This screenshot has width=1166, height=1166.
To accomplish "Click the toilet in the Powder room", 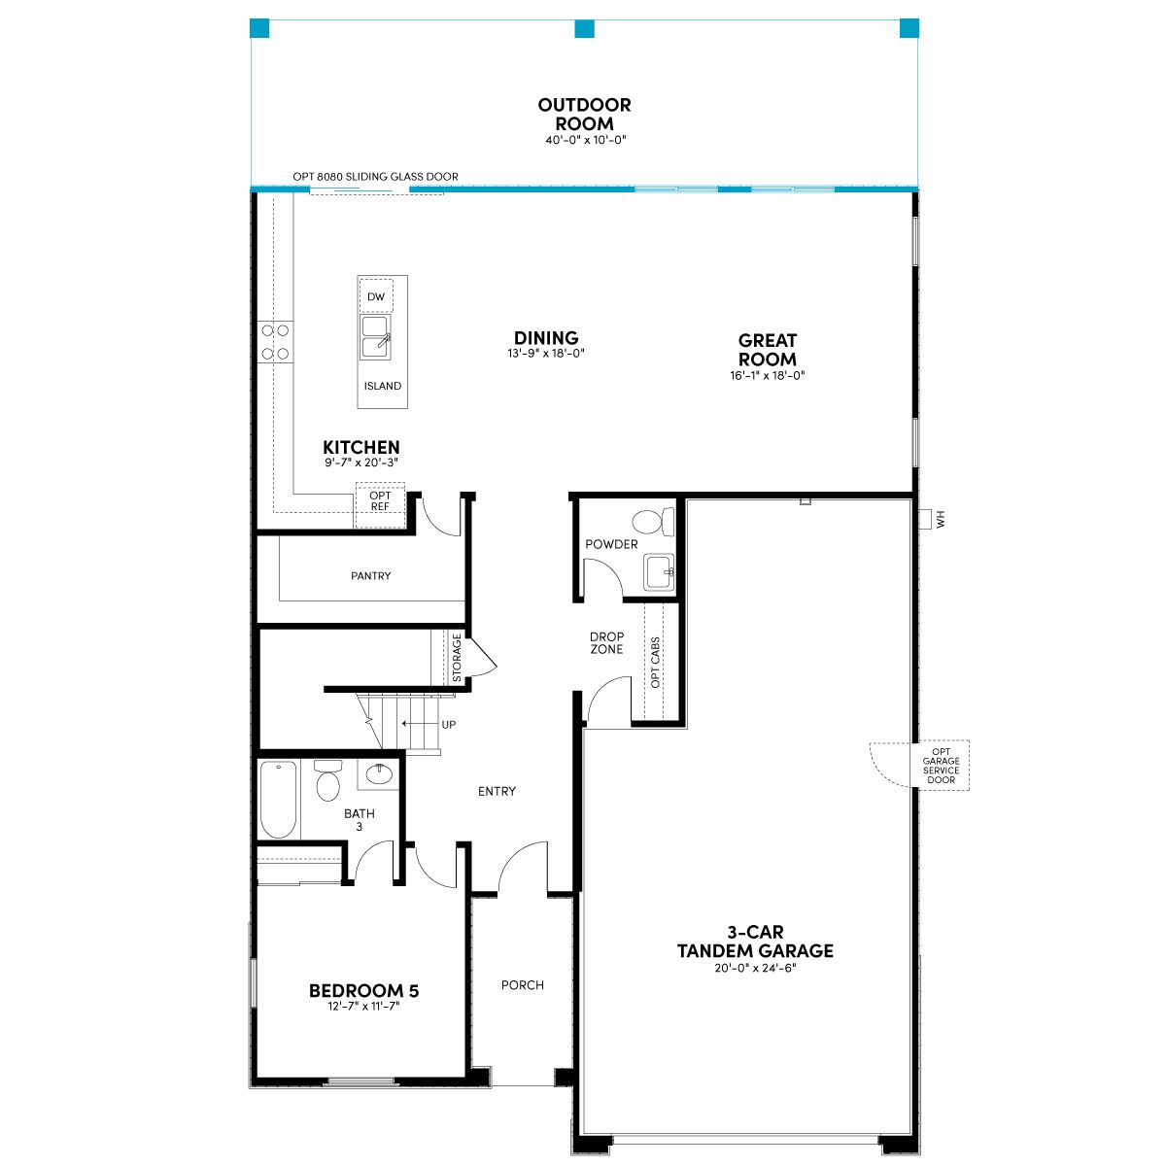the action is (653, 522).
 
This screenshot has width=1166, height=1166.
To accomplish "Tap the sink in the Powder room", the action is (659, 571).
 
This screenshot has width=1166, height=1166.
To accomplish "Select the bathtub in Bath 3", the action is (278, 799).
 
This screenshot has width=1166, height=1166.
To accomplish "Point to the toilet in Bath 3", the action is (328, 780).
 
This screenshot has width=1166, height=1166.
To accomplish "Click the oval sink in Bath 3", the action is (379, 773).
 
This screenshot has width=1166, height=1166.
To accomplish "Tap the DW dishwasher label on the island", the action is (376, 296).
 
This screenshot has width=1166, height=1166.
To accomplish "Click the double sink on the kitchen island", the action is (375, 337).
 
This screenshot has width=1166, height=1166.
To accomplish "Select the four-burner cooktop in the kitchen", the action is (275, 342).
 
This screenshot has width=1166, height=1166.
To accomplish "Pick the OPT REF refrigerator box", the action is (380, 504).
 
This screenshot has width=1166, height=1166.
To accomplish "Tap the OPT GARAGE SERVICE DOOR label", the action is (941, 766).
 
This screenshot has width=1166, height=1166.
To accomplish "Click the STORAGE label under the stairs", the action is (457, 657).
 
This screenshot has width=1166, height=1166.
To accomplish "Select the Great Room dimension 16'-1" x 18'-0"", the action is (768, 375).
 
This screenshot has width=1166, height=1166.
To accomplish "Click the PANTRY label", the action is (371, 575).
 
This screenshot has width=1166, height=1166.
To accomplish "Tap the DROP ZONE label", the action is (606, 642).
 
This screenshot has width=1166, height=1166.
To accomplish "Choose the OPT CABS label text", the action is (655, 662).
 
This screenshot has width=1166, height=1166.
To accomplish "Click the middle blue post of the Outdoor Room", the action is (584, 28).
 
